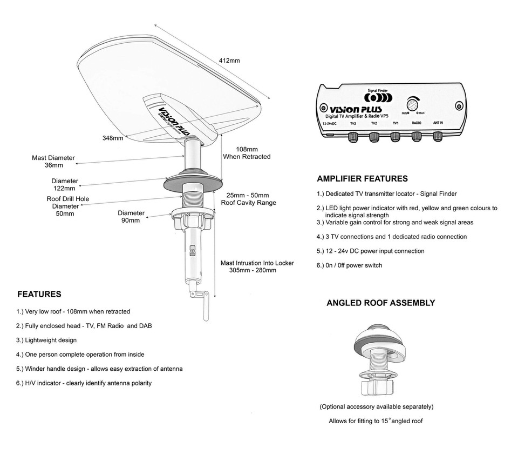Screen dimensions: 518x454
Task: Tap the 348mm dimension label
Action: pos(113,138)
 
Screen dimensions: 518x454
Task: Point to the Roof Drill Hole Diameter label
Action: pos(67,206)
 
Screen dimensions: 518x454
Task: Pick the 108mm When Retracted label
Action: pos(247,152)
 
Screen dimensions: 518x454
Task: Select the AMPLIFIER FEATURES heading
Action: pos(362,179)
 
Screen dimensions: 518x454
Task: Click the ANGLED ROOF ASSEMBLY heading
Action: pos(380,303)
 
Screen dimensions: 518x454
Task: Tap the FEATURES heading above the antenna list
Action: pos(39,295)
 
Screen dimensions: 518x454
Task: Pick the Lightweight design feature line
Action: pos(46,340)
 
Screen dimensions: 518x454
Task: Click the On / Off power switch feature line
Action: pos(349,265)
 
